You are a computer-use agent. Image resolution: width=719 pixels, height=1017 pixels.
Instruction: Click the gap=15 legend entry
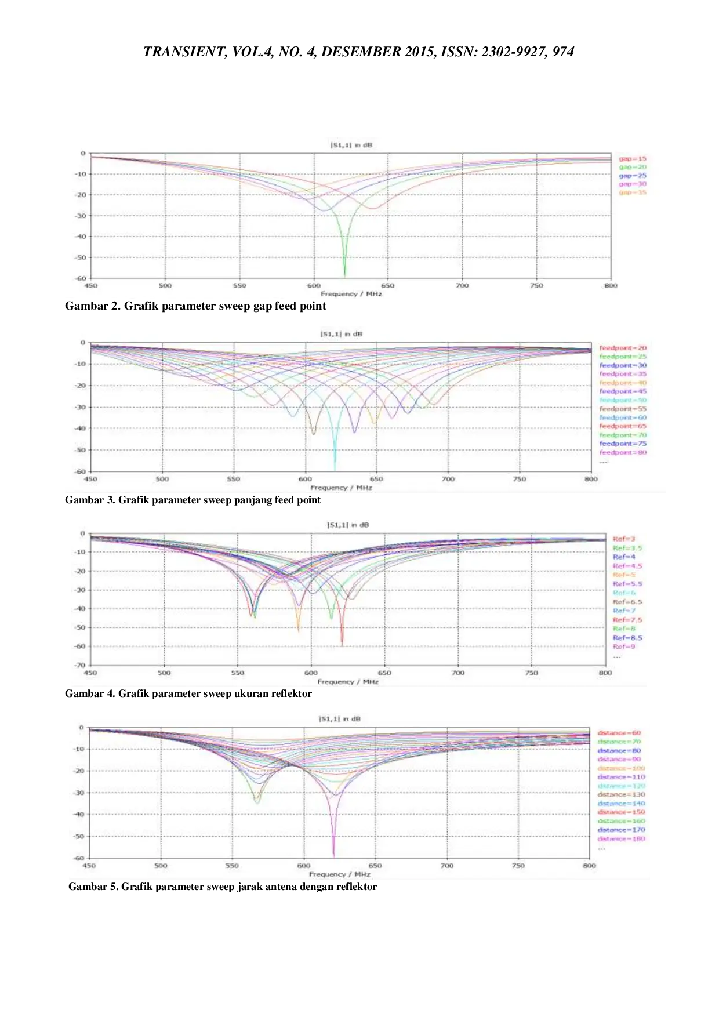[632, 158]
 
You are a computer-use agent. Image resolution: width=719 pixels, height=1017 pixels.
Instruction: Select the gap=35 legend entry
[632, 192]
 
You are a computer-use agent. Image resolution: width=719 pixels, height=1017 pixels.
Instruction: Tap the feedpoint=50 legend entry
[623, 400]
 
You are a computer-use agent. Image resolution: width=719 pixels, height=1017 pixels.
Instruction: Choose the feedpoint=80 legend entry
[623, 452]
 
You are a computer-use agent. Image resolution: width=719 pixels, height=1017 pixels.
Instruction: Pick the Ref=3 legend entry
[624, 539]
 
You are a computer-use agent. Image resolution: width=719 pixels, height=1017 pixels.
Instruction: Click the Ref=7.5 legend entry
[627, 620]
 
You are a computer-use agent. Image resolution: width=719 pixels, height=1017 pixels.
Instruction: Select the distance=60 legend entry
[619, 733]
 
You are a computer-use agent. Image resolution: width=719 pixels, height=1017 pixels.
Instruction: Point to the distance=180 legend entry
[621, 838]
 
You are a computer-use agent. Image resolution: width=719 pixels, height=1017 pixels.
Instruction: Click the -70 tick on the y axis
[80, 665]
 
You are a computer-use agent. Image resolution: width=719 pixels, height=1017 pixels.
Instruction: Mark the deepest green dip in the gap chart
[344, 275]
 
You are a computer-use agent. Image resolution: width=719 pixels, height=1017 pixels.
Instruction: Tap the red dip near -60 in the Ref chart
[342, 644]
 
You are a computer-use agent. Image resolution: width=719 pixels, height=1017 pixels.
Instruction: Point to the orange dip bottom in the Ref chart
[299, 630]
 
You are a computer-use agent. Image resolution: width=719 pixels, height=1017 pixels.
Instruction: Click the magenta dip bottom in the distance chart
[333, 855]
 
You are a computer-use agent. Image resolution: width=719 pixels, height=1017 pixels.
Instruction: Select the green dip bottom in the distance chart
[257, 803]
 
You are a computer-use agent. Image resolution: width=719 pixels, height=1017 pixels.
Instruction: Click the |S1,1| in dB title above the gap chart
[351, 145]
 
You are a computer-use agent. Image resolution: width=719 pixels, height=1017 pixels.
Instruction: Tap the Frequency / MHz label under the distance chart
[339, 874]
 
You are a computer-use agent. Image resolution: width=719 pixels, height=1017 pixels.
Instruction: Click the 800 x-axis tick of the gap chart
[611, 286]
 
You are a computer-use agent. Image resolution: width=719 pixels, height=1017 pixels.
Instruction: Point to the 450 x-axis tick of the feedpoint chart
[90, 479]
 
